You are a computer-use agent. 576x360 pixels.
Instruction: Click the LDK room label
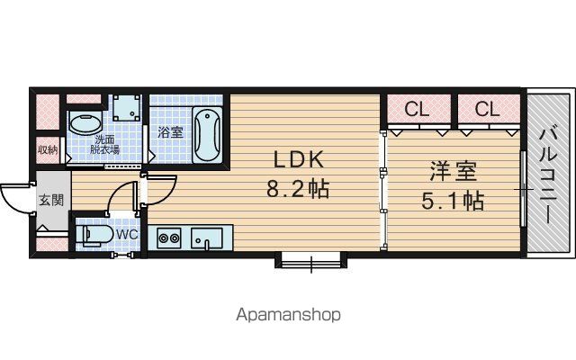299,159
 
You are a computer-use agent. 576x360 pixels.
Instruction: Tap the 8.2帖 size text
298,189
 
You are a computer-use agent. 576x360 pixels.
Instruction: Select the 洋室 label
454,171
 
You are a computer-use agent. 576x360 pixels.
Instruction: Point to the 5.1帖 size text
452,201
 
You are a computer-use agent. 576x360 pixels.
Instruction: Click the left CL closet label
417,109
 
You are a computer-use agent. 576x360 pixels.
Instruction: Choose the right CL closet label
487,109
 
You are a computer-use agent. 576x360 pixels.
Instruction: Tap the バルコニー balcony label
549,175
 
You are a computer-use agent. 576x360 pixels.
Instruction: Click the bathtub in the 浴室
207,134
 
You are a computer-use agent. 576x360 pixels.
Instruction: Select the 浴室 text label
170,132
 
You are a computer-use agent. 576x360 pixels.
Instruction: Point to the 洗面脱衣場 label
104,144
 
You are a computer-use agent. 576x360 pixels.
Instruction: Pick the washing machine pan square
126,108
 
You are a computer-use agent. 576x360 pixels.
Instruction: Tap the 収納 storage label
48,149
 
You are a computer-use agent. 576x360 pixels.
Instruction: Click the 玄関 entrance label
51,200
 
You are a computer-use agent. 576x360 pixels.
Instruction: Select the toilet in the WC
94,234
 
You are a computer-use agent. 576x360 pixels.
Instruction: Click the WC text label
127,234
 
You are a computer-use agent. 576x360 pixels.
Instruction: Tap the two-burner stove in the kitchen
169,238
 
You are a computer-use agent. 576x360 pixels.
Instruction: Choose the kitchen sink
207,238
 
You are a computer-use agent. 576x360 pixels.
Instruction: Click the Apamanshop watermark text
288,315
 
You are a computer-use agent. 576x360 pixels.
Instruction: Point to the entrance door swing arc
11,202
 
